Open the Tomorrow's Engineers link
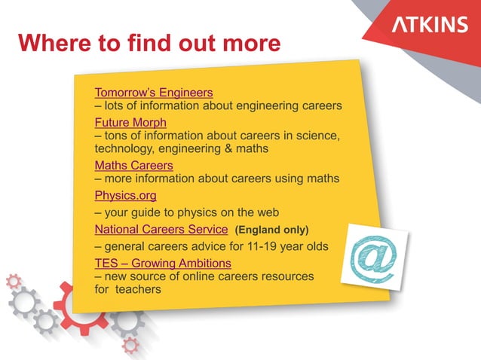154,93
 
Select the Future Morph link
130,122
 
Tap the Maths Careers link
133,165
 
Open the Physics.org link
125,196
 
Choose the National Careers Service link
161,228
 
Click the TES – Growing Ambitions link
163,263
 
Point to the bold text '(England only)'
272,229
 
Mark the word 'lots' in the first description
115,106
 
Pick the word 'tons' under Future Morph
117,136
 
